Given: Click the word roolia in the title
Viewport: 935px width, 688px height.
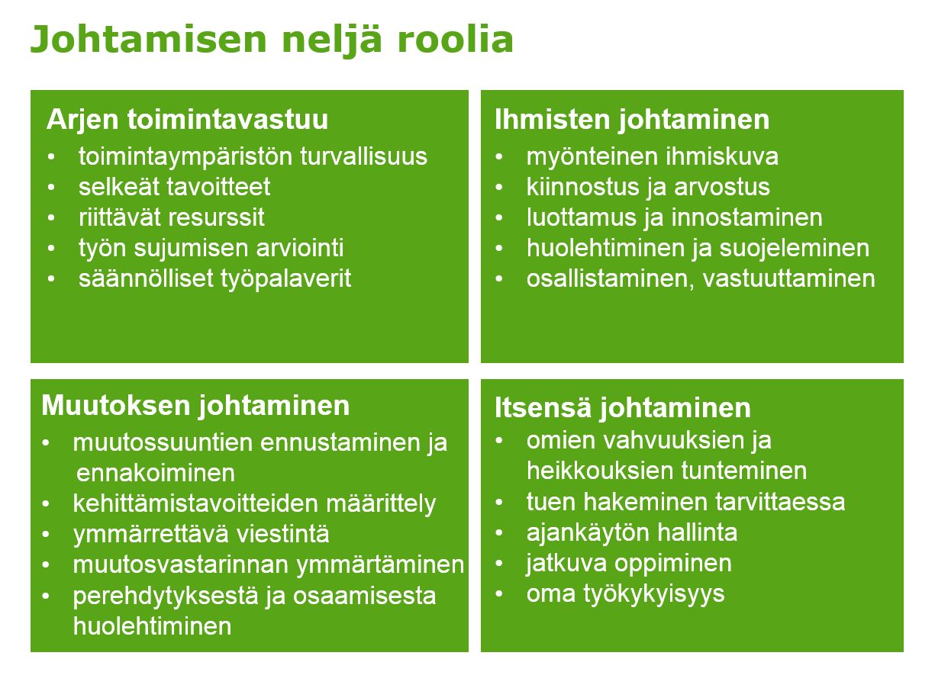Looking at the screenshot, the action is [x=455, y=40].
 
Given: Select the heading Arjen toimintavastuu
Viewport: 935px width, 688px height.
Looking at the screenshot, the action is [x=188, y=120].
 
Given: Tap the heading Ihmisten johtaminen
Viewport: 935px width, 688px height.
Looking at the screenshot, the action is [x=632, y=120].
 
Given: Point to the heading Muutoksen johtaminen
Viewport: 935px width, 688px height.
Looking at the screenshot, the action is [x=195, y=406].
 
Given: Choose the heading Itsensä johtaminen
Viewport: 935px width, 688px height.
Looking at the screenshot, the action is [x=623, y=407].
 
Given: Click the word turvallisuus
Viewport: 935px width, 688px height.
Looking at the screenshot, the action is [x=363, y=156].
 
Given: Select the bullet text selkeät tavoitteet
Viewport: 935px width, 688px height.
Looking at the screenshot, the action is [x=175, y=187].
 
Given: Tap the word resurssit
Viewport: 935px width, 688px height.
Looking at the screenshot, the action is [x=216, y=217].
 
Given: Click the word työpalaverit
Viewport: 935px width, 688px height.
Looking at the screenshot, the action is [x=285, y=279].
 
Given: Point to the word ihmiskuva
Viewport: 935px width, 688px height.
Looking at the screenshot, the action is [x=722, y=156].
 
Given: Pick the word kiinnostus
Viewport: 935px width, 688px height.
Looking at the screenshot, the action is [x=583, y=187].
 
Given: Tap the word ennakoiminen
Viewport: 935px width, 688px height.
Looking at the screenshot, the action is [x=156, y=473].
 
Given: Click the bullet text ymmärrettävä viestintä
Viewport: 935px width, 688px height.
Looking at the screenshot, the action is [x=202, y=535].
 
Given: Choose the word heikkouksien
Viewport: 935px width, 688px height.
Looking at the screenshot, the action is [x=600, y=471].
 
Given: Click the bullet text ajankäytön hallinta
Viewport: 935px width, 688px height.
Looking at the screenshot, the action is [x=632, y=533].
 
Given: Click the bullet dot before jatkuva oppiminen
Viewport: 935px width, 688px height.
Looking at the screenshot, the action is [x=499, y=564].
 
